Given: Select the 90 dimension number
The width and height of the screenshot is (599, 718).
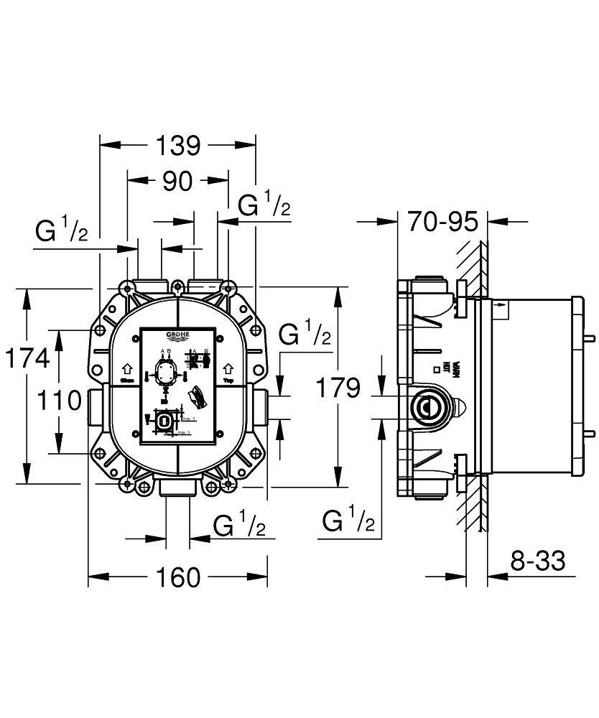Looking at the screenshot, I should tap(177, 182).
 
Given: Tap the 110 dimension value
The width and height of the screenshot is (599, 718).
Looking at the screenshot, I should tap(59, 400).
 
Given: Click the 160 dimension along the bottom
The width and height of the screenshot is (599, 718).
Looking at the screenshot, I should tap(177, 577).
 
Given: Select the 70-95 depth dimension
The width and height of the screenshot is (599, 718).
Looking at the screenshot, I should tap(442, 222).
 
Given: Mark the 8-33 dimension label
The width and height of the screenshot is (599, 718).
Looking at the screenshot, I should tap(538, 560).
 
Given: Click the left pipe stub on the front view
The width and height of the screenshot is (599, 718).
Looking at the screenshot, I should tap(96, 406).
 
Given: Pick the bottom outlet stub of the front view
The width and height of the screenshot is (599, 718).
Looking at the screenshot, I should tap(177, 490).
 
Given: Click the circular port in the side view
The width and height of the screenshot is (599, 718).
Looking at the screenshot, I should tap(425, 407).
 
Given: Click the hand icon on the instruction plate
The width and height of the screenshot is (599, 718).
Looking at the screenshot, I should tap(195, 396).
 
